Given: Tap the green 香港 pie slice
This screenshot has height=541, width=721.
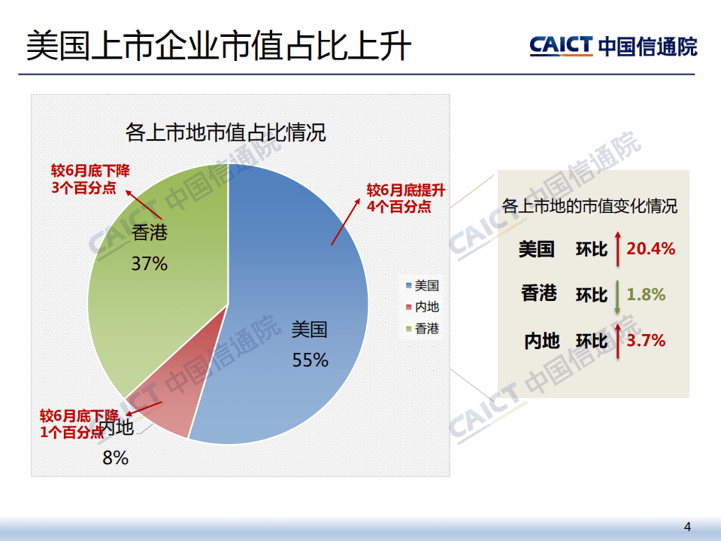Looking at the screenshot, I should tap(150, 301).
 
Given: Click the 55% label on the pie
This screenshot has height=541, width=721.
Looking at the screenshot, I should tap(311, 360).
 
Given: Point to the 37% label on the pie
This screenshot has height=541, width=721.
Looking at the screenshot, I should tap(149, 264).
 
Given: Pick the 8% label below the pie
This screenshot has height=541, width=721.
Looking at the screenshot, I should tap(115, 457).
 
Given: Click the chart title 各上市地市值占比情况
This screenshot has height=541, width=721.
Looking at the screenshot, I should tap(226, 134).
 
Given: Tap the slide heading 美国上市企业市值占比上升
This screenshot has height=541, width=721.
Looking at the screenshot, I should tap(219, 46).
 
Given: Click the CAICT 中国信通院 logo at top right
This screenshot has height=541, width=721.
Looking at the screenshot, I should tap(613, 46).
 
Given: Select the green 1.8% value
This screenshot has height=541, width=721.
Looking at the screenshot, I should tap(646, 294).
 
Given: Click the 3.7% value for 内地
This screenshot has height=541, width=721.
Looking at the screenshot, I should tap(646, 340).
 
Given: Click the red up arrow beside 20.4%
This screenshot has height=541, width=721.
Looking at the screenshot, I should tap(617, 249).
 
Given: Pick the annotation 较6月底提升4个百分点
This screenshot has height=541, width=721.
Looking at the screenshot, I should tap(398, 198).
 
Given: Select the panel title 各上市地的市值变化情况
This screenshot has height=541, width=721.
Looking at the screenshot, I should tap(589, 205).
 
